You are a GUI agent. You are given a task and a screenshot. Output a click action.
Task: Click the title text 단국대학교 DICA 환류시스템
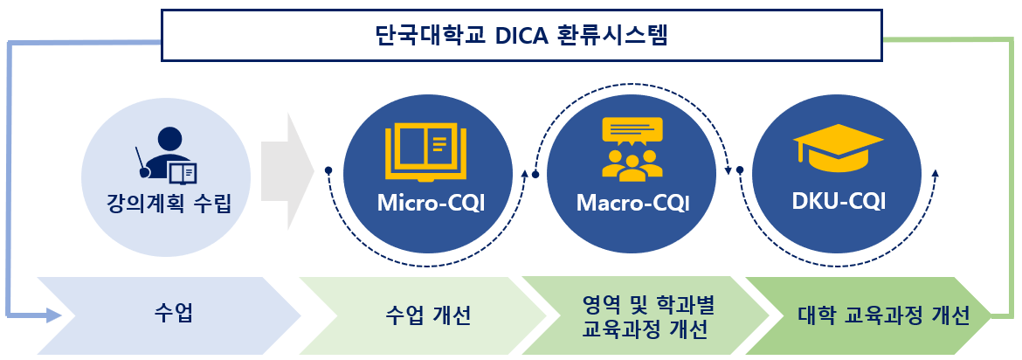522,35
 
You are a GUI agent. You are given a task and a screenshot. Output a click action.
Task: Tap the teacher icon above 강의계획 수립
167,155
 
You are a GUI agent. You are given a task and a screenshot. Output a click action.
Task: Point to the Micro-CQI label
431,204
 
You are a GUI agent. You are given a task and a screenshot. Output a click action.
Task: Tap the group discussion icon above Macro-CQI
632,149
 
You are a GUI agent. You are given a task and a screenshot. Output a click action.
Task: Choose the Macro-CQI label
633,204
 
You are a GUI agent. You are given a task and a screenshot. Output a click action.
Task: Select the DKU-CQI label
839,202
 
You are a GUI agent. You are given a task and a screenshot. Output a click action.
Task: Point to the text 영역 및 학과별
648,305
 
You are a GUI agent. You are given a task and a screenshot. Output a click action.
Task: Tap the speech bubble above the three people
632,131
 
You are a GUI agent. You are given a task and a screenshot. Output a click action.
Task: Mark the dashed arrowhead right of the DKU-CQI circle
936,173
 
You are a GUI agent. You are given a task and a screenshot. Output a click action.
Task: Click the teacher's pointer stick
142,162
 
